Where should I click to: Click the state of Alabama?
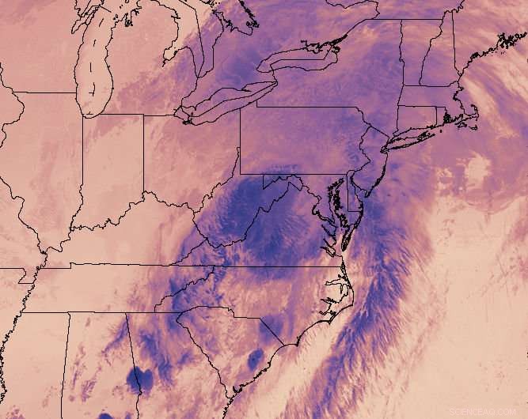click(x=95, y=364)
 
